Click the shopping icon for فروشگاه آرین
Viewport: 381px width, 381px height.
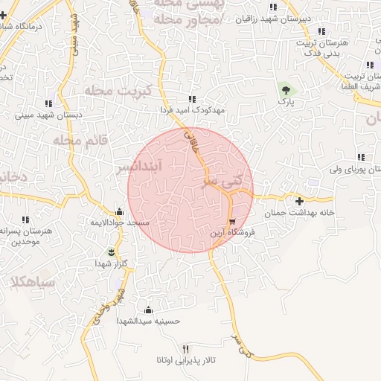point(233,222)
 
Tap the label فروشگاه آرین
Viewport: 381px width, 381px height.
point(232,233)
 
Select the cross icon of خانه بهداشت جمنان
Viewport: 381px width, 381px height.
point(299,201)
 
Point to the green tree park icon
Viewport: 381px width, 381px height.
point(285,92)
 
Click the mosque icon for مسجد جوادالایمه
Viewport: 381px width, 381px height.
point(119,212)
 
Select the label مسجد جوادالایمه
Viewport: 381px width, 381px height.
point(121,223)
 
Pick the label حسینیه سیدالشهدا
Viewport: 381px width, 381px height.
point(149,321)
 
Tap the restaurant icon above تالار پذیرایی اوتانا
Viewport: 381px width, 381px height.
point(186,349)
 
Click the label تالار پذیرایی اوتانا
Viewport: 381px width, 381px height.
point(185,361)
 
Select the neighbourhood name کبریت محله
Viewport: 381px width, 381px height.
point(118,90)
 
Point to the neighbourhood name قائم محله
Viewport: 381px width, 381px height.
point(82,139)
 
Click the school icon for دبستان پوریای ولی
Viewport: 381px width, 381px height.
point(361,158)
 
